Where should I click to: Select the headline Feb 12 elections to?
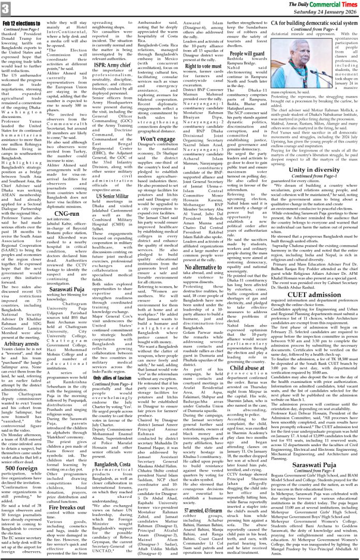point(22,24)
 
